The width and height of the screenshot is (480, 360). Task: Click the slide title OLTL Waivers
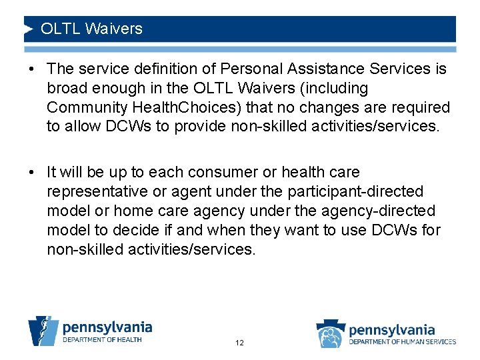91,29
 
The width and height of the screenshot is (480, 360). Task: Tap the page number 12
239,343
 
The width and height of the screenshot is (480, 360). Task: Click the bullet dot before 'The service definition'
33,69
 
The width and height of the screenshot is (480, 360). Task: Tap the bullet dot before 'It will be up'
33,173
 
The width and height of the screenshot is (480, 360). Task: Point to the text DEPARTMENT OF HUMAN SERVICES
403,341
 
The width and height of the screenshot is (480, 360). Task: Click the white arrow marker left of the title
29,29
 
